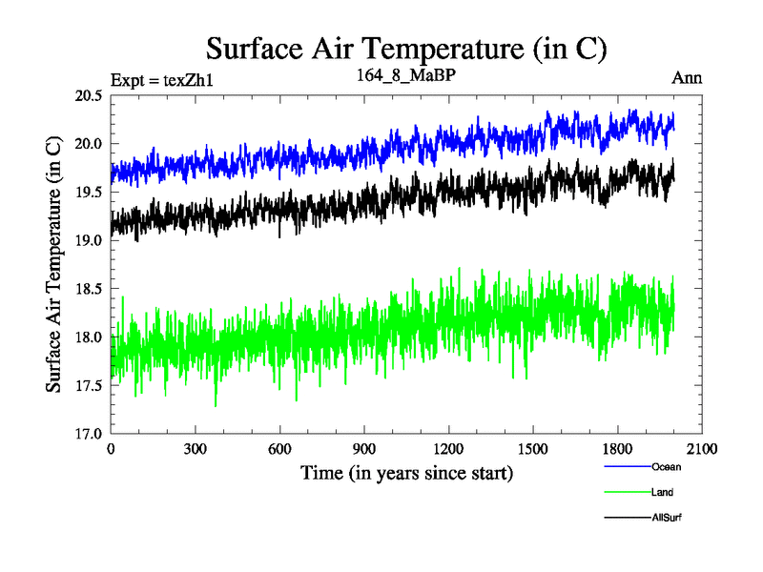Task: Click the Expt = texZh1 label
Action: [161, 79]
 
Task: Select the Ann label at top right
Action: [687, 78]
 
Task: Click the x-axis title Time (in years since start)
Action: [406, 473]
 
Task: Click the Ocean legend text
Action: [667, 467]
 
